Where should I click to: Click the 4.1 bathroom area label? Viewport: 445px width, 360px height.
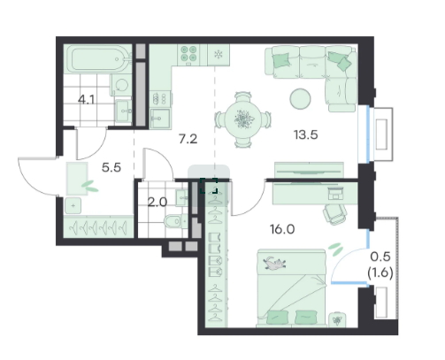pos(86,100)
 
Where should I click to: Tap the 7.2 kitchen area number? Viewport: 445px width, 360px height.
pos(188,139)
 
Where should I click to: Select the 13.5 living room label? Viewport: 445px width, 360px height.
pos(306,134)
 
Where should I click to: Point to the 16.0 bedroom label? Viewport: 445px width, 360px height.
pos(282,229)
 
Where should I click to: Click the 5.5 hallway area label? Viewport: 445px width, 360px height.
pos(111,167)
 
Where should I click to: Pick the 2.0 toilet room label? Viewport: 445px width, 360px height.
pos(157,203)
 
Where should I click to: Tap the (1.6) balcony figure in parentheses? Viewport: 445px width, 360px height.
pos(380,272)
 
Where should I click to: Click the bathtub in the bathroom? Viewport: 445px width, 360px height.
pos(96,59)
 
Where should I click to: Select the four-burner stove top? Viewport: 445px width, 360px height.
pos(188,54)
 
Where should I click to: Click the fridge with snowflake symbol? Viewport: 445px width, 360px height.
pos(219,55)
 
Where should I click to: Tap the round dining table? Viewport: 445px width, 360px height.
pos(243,119)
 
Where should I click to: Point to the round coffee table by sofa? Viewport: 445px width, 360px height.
pos(300,99)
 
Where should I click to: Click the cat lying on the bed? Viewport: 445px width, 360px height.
pos(274,263)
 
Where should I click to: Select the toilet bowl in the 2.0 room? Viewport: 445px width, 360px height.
pos(175,221)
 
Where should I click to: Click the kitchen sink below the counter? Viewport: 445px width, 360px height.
pos(160,119)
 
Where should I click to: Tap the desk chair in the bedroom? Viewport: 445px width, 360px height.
pos(335,214)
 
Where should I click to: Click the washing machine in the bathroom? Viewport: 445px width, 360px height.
pos(120,85)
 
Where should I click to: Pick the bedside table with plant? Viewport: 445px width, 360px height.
pos(337,319)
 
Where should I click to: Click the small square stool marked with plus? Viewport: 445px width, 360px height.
pos(73,206)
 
